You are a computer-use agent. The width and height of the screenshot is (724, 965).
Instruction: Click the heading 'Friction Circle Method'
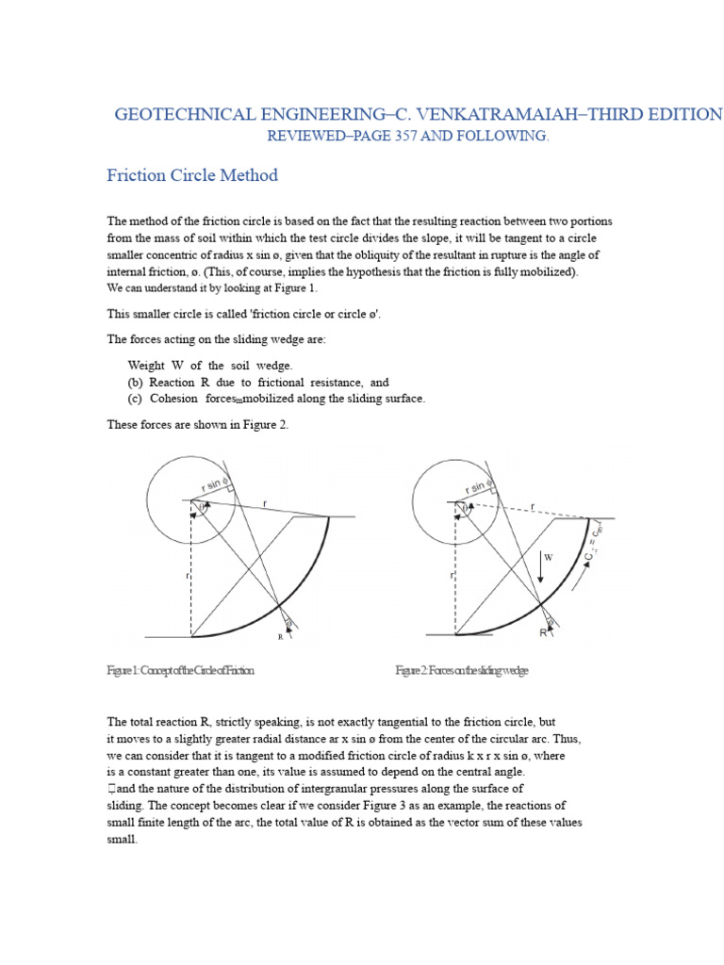(x=191, y=175)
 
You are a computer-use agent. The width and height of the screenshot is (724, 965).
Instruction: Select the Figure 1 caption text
(x=180, y=670)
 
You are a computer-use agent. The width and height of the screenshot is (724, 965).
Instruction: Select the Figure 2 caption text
(x=462, y=670)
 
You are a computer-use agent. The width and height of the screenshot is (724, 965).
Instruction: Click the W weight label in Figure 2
(x=548, y=558)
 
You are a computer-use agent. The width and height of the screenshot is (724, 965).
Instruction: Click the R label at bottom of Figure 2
(x=543, y=633)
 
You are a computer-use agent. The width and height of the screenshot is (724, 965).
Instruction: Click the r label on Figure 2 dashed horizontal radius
(x=533, y=506)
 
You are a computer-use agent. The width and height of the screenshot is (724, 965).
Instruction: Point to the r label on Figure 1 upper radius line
(x=265, y=504)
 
